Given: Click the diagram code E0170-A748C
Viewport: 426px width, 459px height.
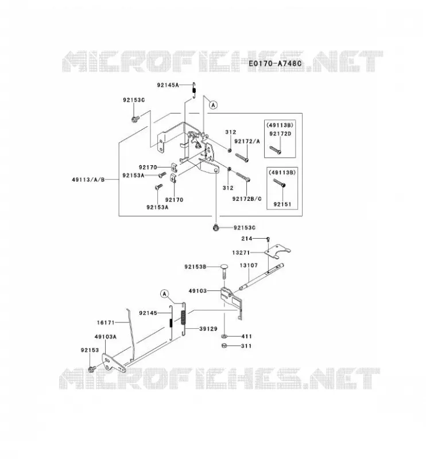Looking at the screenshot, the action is pos(275,63).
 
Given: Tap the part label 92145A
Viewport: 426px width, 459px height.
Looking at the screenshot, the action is pos(168,85).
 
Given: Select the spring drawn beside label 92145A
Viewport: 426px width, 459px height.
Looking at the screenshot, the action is pos(193,91).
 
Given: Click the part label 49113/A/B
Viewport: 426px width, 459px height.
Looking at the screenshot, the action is pos(88,180).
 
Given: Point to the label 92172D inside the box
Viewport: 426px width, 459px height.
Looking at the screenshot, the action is pos(280,134).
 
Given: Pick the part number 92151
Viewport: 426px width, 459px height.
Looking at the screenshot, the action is pos(282,204).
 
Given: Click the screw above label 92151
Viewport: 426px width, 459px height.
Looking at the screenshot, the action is pos(279,183).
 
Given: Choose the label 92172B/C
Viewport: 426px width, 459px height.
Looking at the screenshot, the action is pos(247,199).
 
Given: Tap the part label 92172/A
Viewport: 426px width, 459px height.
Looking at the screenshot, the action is pos(247,141).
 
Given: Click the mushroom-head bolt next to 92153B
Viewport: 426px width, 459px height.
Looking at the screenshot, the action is pos(225,272).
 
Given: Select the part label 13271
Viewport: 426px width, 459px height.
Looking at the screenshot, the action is pos(241,252).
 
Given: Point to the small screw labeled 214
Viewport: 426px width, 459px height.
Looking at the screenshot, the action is pos(268,239).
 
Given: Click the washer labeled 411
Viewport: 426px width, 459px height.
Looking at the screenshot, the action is pos(224,336).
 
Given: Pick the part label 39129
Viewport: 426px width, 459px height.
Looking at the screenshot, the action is pos(208,329).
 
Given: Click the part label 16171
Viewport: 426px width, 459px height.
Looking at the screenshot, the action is pos(106,322).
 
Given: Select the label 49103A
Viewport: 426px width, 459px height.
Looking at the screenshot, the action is pos(106,337).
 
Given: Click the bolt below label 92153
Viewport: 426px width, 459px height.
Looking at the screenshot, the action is pos(92,368).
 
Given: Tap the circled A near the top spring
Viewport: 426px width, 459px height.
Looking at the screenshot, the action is pos(214,104).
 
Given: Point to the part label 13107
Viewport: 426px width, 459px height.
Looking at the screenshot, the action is pos(249,265).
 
